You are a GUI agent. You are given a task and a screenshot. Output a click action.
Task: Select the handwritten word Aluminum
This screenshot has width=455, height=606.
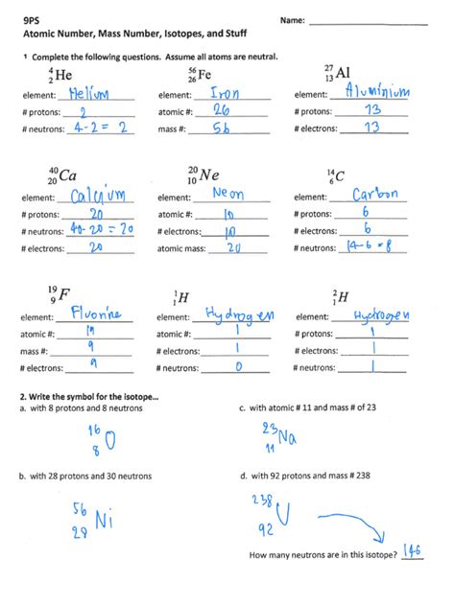(x=371, y=92)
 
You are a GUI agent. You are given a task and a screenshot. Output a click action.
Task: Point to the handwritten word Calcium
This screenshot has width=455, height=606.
(x=99, y=197)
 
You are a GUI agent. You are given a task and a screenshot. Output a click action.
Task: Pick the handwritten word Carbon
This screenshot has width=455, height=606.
(x=375, y=195)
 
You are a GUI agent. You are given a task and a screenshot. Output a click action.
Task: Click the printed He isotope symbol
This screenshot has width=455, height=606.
(x=60, y=75)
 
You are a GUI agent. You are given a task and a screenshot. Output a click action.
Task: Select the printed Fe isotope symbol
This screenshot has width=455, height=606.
(x=200, y=75)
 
